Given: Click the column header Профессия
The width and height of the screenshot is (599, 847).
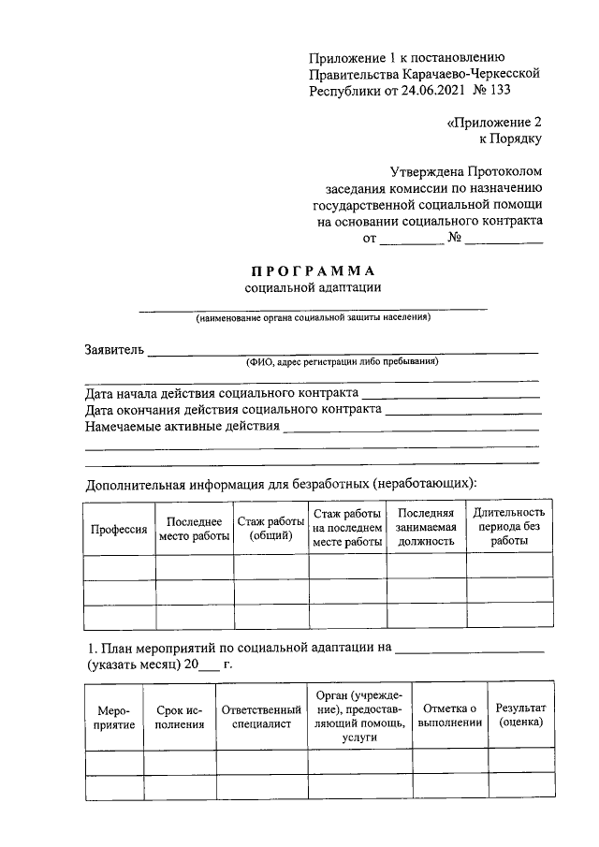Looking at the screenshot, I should point(119,529).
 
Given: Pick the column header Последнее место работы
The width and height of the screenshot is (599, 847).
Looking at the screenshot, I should point(194,529).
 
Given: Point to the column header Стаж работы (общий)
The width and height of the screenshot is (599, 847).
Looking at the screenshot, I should point(270,529).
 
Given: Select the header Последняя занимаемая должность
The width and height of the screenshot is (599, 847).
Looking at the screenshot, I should point(426,528).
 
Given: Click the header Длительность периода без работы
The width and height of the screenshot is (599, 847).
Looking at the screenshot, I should point(508,528).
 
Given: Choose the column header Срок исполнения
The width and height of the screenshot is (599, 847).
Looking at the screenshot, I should point(180,717).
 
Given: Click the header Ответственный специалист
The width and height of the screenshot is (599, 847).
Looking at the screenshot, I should point(261,717).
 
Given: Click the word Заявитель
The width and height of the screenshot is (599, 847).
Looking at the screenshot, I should point(114,350).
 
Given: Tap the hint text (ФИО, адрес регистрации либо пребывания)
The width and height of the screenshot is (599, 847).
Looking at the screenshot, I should point(342,362).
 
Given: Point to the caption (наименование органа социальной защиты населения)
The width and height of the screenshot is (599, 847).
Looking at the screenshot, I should point(314,318).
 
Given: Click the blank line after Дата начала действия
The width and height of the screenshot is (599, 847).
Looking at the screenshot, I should point(451,398).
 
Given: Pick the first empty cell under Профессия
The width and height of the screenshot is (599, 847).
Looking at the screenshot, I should point(119,568).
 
